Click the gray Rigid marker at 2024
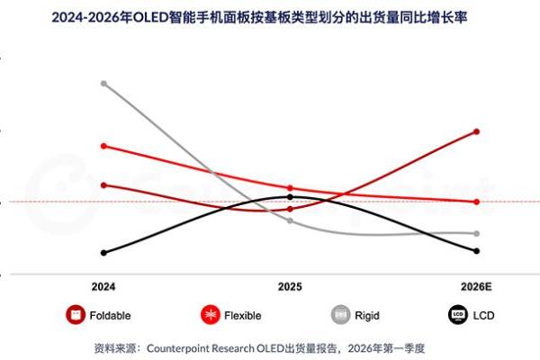(104, 84)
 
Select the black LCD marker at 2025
(290, 196)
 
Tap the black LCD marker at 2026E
(476, 251)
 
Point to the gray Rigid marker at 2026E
(476, 233)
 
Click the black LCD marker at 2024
(104, 253)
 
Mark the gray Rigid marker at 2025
(290, 220)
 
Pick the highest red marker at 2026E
(476, 131)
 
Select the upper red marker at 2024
(104, 146)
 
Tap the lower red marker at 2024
(104, 185)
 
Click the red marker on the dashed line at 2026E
(476, 202)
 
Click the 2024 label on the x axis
(103, 286)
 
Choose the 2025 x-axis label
(290, 286)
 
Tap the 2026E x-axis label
(476, 286)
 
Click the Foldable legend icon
(76, 315)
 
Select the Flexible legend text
(243, 316)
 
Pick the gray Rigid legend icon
(341, 315)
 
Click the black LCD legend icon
(458, 315)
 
